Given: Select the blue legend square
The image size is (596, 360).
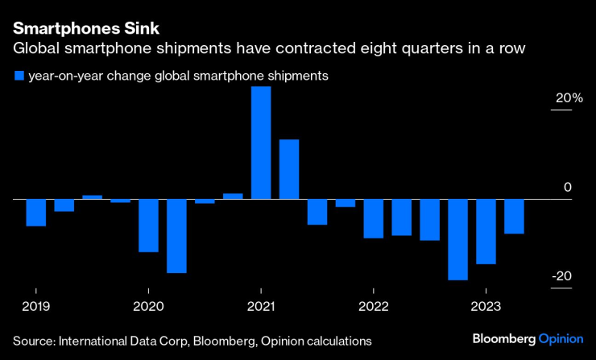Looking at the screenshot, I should [18, 77].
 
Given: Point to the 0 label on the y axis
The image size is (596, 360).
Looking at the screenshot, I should [567, 188].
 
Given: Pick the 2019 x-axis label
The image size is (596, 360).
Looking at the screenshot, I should [35, 306].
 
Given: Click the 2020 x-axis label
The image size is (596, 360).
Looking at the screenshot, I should [148, 306].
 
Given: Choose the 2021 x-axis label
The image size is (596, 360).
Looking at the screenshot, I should [261, 306].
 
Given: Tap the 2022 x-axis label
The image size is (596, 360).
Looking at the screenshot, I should [373, 306].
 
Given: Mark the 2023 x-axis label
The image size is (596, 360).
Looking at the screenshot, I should [486, 306].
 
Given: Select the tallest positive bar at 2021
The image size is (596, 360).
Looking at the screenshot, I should [261, 142].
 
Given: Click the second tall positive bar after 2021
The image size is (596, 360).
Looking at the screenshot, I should [289, 168].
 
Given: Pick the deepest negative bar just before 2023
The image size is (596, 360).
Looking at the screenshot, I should [457, 239].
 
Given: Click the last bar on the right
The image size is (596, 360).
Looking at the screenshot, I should [514, 216].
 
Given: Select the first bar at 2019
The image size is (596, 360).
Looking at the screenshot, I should [35, 212].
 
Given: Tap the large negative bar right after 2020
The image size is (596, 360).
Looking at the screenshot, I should [176, 235].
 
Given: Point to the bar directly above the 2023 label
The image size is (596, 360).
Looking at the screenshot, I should [486, 231].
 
